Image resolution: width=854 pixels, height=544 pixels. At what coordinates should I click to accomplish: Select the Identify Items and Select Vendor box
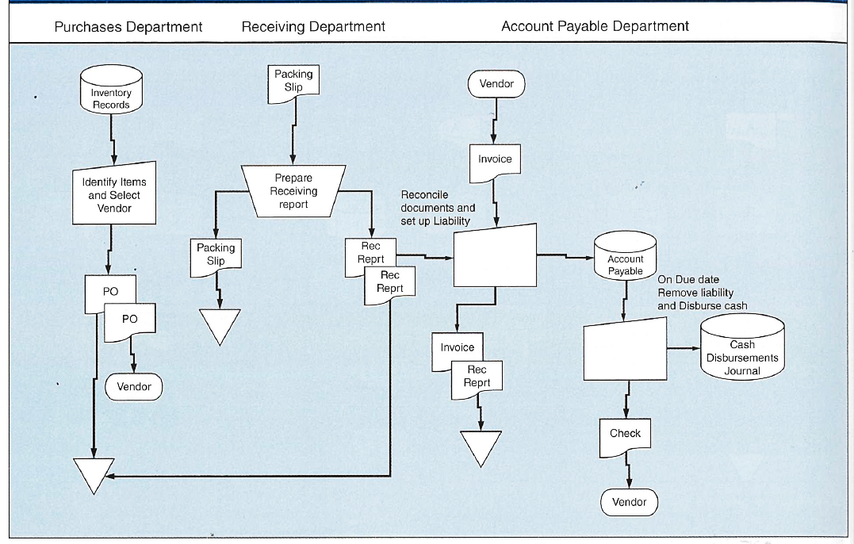(x=114, y=195)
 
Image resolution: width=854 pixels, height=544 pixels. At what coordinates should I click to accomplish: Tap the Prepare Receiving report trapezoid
(x=293, y=191)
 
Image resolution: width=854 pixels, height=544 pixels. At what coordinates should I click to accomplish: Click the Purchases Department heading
(x=128, y=27)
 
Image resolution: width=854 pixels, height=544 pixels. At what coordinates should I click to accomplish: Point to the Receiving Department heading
(x=313, y=27)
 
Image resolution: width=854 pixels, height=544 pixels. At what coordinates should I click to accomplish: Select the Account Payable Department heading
(x=595, y=27)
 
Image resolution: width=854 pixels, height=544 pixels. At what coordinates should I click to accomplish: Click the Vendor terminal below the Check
(x=629, y=502)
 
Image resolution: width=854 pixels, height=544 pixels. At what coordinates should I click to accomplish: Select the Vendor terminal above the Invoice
(x=496, y=84)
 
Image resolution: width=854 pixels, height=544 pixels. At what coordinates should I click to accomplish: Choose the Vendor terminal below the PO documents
(x=133, y=386)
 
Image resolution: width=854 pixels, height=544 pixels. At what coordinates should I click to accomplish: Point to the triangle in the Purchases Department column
(x=95, y=474)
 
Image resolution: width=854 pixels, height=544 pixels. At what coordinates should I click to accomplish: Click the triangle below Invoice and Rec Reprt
(x=481, y=446)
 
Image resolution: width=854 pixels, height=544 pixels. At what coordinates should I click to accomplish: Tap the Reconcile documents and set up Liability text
(x=438, y=208)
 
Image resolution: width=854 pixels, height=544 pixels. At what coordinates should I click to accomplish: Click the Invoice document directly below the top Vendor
(x=495, y=162)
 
